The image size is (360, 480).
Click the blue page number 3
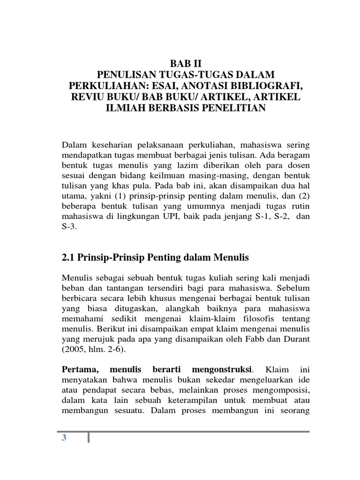[65, 438]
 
